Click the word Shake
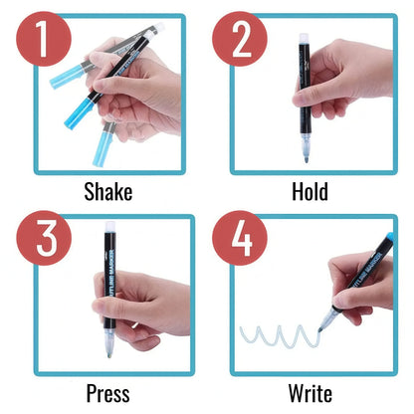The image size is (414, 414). (107, 192)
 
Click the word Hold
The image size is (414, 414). (310, 192)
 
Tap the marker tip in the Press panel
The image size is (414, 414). (108, 349)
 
